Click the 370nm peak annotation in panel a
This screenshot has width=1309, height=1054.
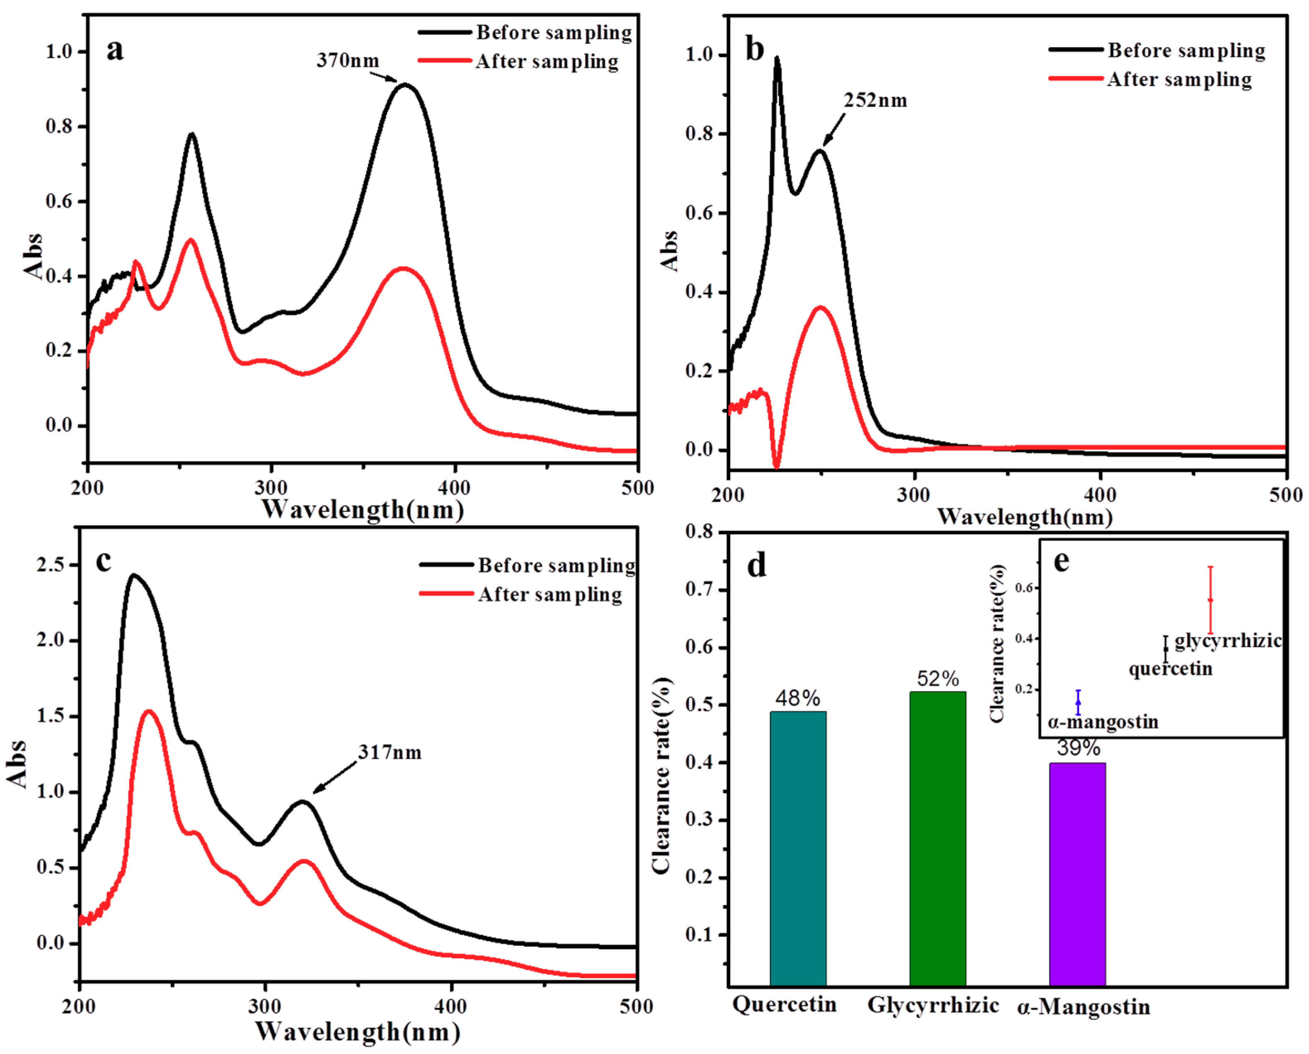tap(347, 61)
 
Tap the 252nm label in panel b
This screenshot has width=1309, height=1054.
tap(875, 100)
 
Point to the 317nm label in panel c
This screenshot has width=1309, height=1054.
tap(389, 753)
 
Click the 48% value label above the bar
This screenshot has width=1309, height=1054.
tap(797, 698)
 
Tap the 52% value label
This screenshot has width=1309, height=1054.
tap(937, 678)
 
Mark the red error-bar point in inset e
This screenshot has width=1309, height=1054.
tap(1210, 600)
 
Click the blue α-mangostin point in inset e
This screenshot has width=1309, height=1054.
tap(1078, 703)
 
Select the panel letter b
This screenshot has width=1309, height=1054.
tap(754, 50)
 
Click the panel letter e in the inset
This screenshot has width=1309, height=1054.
tap(1061, 561)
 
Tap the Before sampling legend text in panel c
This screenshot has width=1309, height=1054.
tap(556, 565)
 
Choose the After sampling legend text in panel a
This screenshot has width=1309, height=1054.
tap(547, 61)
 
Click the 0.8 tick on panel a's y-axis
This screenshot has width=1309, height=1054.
tap(59, 126)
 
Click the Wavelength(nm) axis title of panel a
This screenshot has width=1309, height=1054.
tap(363, 509)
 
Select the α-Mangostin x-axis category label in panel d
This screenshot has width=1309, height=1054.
tap(1083, 1007)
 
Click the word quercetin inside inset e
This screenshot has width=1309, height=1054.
tap(1170, 669)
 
